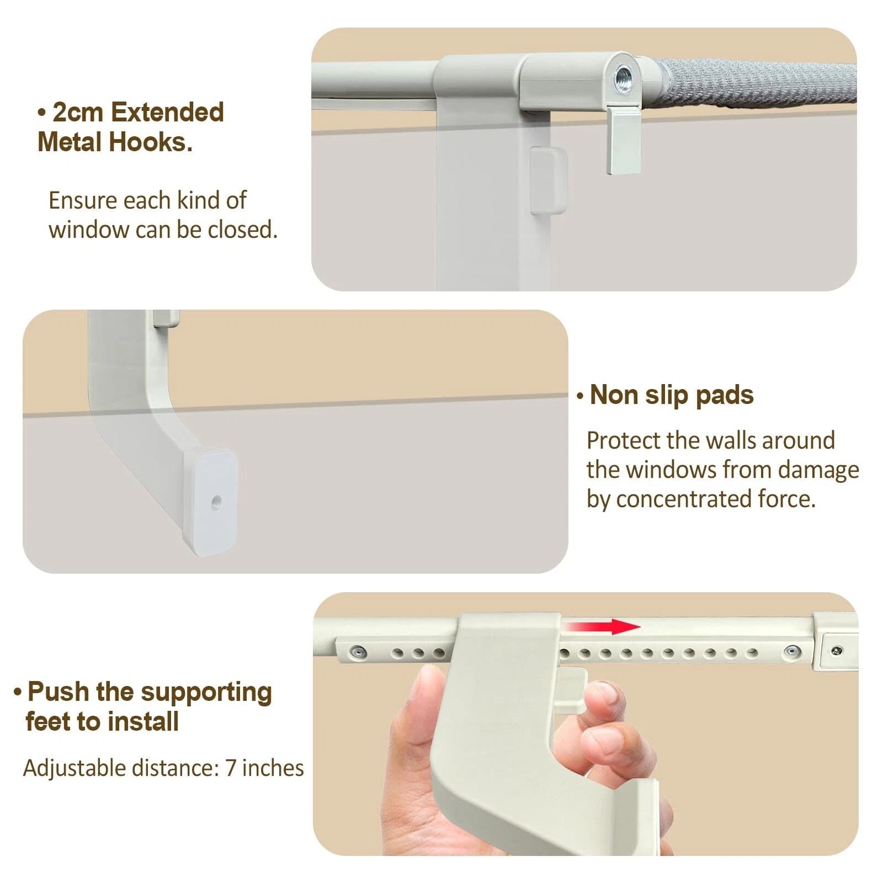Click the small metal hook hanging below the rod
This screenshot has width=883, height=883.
pos(624,140)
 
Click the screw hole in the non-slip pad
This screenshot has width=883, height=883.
pos(216,502)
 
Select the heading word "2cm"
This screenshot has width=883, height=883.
pos(78,113)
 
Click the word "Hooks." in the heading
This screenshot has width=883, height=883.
pos(151,142)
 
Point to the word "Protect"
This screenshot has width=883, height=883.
pos(623,441)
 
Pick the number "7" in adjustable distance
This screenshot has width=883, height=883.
pos(231,768)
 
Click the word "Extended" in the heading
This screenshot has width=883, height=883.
pos(167,113)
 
